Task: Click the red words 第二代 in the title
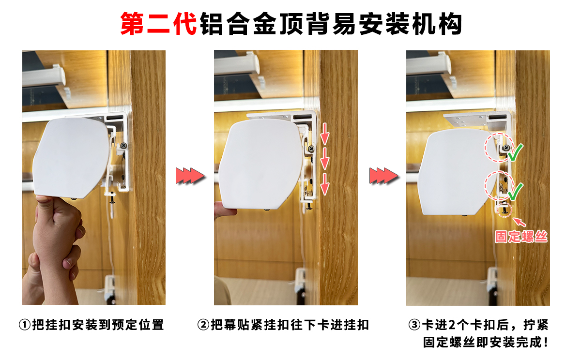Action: (158, 24)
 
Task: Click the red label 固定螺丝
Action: (520, 237)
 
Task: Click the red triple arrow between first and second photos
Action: (189, 175)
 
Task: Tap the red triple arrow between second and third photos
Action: (382, 175)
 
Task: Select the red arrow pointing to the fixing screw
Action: (519, 222)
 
